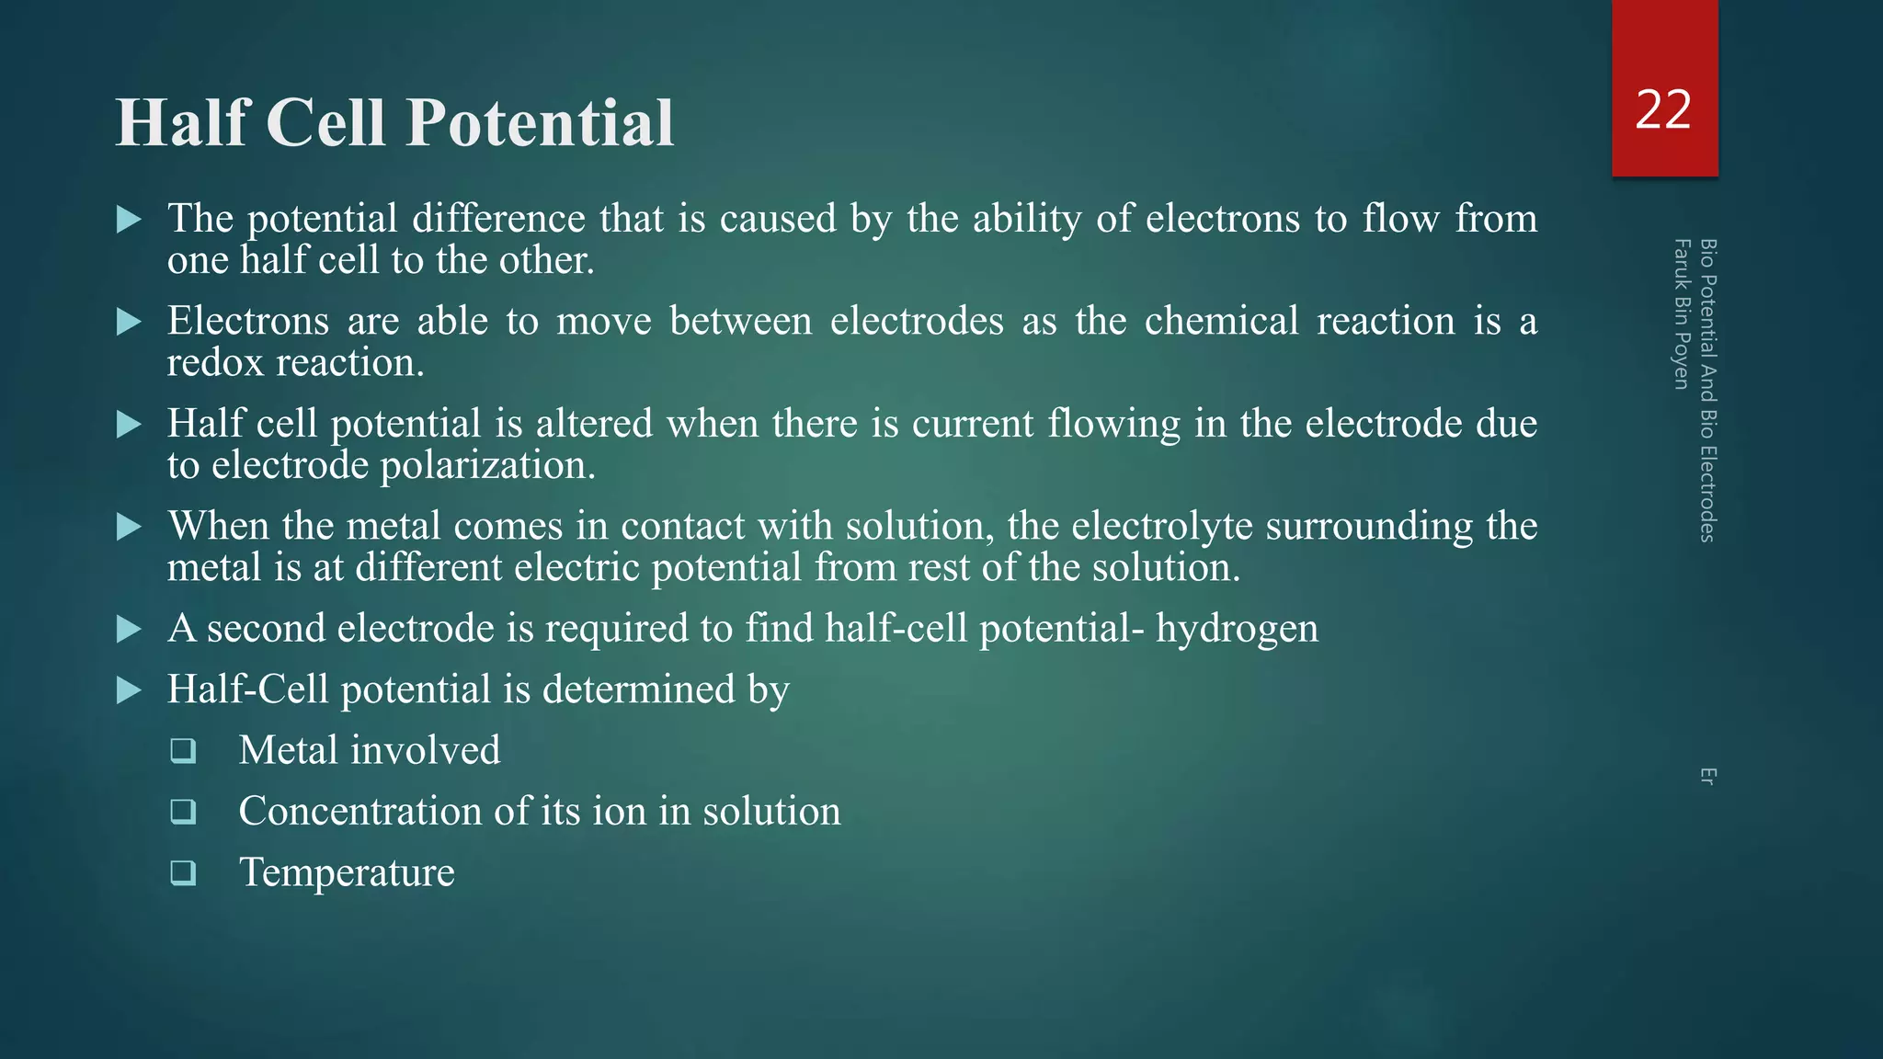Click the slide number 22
1663,110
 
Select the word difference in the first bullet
498,219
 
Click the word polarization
487,465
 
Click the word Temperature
347,871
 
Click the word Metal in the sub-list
289,750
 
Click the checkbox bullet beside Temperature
183,872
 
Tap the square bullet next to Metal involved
183,751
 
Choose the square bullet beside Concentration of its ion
183,812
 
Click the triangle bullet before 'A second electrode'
130,630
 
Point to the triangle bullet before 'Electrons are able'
130,322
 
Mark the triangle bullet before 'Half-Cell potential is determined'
130,690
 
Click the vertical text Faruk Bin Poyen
1682,313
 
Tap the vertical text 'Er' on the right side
1707,776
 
